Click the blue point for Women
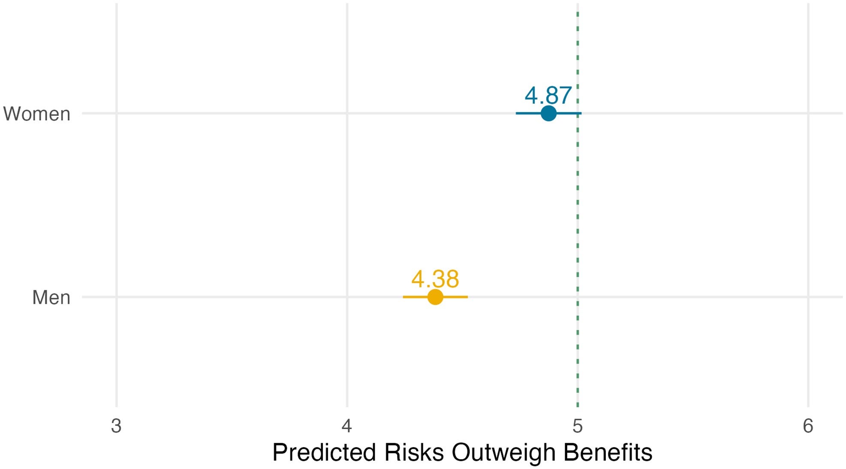pos(548,113)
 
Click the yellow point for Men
pos(435,297)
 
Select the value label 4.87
pos(548,95)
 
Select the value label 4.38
pos(435,278)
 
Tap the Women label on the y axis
pos(37,114)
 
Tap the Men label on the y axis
pos(51,297)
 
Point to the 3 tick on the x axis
pos(116,426)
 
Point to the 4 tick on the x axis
pos(347,426)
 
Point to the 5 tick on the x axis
pos(578,426)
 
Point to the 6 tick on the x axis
pos(808,426)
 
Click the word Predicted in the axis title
pos(324,453)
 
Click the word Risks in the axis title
pos(414,453)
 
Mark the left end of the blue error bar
pos(517,113)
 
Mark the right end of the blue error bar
pos(581,113)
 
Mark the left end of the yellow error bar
pos(403,297)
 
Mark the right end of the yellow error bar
pos(467,297)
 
